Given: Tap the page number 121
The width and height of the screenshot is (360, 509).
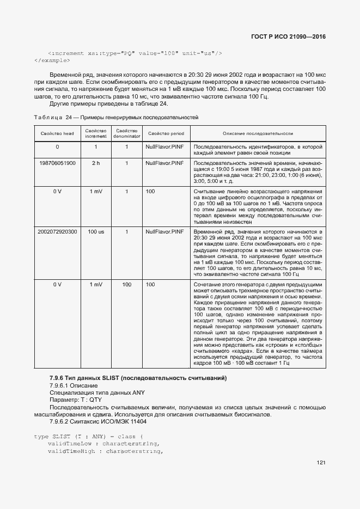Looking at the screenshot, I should point(321,463).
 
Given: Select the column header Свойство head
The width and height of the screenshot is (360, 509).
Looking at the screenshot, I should point(57,133).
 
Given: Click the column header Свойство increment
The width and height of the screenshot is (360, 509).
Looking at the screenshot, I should point(96,133).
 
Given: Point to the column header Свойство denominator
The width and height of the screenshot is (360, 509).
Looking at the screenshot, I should point(127,133).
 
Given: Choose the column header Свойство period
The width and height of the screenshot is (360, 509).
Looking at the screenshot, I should point(166,133).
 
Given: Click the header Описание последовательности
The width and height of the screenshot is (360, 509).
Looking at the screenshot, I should point(258,133).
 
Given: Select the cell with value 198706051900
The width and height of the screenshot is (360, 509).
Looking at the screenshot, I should point(57,163).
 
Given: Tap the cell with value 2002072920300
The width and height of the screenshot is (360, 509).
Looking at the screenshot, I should point(57,232).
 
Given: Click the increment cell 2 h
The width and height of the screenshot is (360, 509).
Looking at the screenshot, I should point(96,163).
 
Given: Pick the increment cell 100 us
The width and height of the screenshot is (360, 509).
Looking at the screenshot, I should point(96,232).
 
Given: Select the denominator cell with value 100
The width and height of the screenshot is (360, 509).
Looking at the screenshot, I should point(127,285).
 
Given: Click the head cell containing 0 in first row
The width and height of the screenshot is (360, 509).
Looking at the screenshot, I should point(57,147).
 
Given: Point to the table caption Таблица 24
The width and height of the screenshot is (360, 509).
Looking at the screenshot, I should point(116,117).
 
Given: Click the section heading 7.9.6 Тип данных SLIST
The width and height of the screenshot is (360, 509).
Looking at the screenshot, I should point(138,378).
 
